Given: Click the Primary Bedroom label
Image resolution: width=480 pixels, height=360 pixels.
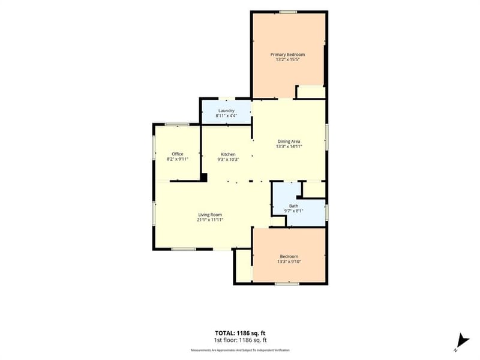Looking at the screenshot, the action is coord(287,55).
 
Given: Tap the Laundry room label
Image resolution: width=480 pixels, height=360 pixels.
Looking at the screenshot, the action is coord(227,110).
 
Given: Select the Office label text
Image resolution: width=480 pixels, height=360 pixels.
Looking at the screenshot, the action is coord(178,154).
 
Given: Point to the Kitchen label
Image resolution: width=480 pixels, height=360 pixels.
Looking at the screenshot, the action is coord(229,154).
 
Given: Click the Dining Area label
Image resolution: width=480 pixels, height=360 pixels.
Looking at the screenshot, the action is coord(289,142).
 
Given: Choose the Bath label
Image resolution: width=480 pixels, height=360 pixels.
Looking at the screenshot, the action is coord(293,206).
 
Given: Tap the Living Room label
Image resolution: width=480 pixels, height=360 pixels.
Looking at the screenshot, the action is coord(210,215).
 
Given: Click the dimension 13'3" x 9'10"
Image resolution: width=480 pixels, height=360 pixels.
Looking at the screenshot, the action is coord(289,262).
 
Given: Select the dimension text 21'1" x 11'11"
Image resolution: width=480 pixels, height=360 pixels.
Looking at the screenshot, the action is coord(210,220).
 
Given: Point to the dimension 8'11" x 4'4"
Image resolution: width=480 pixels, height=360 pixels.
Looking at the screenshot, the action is coord(227,116).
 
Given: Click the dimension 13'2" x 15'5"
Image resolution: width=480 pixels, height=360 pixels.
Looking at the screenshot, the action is coord(287,59).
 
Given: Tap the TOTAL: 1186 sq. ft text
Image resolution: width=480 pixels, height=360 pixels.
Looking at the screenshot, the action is coord(240,333).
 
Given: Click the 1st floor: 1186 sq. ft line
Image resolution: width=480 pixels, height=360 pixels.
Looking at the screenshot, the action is coord(240,340).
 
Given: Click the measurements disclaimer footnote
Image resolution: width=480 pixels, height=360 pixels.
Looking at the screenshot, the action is coord(240,350).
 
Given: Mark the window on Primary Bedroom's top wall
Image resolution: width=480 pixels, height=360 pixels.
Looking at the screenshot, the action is coord(288,12).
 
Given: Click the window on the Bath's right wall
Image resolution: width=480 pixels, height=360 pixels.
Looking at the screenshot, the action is coord(326,212).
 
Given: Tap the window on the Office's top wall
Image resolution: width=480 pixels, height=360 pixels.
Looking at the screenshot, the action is coord(177,124).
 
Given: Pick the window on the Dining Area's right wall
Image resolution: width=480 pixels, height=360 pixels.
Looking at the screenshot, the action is coord(326,137).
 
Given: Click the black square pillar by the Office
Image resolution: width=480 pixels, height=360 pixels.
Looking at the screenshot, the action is coord(204,178).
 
